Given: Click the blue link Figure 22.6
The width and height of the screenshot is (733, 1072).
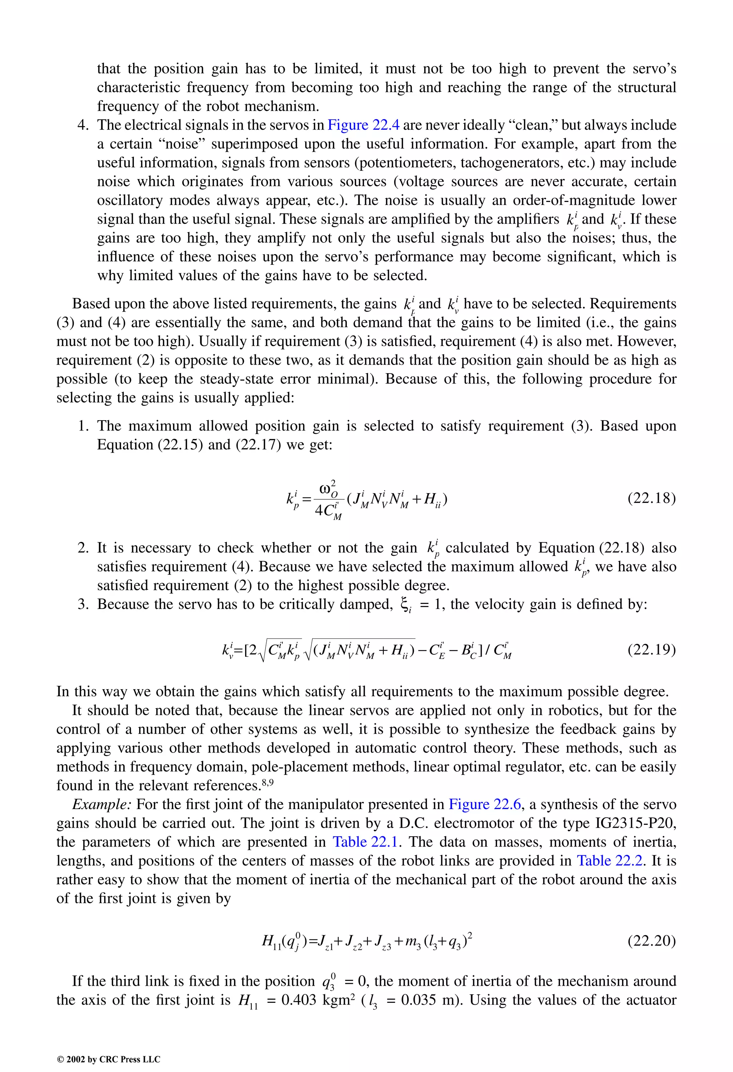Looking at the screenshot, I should [x=485, y=804].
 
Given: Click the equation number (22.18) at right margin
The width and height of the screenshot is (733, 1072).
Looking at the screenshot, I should [x=651, y=499].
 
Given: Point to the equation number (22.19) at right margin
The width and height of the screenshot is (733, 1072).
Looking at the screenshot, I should [x=651, y=650].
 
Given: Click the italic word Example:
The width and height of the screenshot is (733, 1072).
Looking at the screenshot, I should [x=102, y=804].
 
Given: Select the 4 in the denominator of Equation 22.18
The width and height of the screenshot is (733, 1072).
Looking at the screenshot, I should [x=319, y=511].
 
